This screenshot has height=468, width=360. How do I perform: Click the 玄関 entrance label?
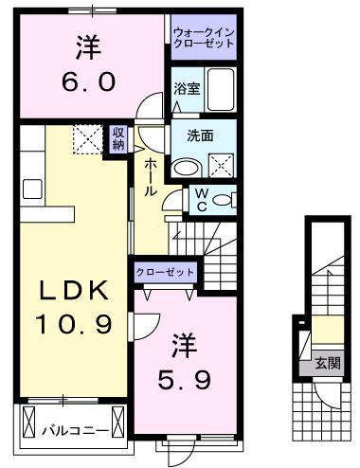point(328,364)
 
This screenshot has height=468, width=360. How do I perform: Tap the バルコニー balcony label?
point(76,431)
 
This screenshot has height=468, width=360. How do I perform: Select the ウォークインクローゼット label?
point(204,37)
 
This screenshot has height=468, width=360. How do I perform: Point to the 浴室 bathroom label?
point(187,89)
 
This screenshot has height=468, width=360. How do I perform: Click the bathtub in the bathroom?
point(221,90)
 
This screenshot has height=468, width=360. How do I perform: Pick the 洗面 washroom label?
point(200,135)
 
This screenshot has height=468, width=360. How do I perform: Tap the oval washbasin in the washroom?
point(187,169)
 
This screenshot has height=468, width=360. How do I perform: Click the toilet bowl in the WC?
point(222,200)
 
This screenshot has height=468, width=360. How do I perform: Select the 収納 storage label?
point(118,138)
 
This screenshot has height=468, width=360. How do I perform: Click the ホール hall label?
point(151,178)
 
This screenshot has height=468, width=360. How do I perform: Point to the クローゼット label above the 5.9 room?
point(165,272)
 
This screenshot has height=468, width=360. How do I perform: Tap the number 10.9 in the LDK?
point(74,324)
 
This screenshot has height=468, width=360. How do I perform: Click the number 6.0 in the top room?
point(89,81)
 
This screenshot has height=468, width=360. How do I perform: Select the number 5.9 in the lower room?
point(185,380)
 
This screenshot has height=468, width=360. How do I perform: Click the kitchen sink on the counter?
point(32,189)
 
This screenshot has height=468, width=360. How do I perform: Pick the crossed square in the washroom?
point(222,166)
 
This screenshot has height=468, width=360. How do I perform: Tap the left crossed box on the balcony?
point(29,422)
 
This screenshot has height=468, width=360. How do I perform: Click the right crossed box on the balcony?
point(118,422)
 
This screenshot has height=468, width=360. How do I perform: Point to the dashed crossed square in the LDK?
point(88,139)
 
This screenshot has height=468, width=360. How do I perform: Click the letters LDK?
point(74,290)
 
